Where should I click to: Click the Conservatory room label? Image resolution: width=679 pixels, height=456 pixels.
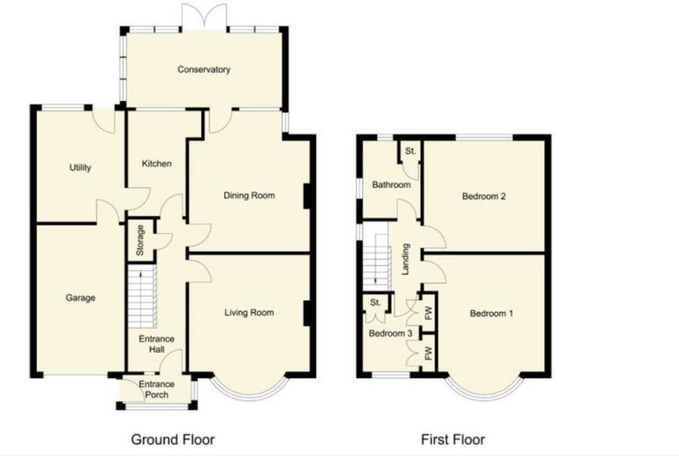point(204,70)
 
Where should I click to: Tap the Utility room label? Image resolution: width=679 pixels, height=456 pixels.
point(80,168)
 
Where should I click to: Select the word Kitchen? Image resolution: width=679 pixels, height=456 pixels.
point(157,163)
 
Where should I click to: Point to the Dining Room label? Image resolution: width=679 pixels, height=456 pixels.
point(249,195)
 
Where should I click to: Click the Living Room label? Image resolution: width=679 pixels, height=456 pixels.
point(249,312)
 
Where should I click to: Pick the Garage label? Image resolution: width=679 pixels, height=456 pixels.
point(80,298)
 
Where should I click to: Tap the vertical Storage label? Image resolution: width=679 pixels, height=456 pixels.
point(140,240)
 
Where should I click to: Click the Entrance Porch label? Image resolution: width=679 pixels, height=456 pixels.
point(156,389)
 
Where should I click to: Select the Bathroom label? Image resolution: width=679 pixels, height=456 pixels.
point(391,185)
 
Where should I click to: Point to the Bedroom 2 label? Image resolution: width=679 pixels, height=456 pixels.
point(484,196)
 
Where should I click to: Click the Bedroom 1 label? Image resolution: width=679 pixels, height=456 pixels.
point(491,313)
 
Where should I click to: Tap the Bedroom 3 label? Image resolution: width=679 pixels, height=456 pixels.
point(390,333)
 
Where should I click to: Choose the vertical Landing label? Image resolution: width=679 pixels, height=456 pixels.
point(406,260)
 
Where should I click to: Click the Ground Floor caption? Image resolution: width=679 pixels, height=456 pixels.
point(173,439)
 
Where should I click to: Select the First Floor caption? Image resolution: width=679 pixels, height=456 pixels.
point(453,439)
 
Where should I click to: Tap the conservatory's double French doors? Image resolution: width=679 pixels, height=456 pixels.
point(204,17)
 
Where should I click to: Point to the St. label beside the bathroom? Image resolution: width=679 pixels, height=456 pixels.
point(410,152)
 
